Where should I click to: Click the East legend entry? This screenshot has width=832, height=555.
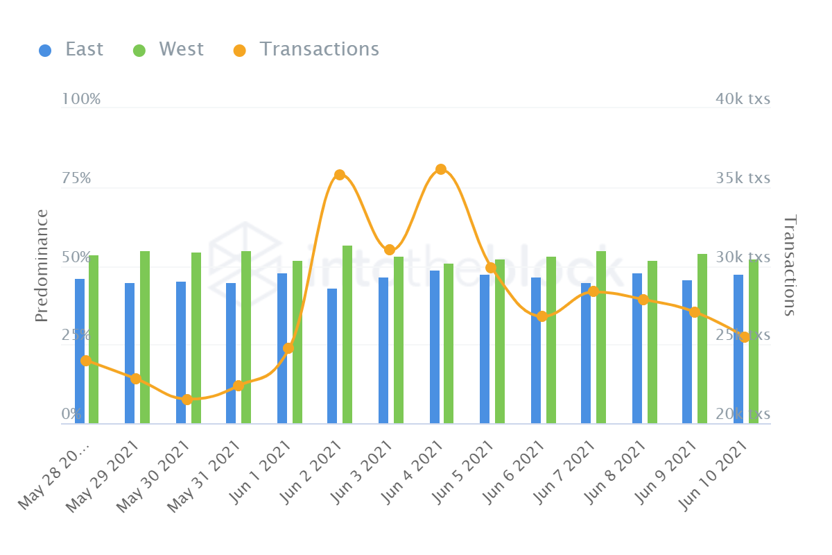pos(71,49)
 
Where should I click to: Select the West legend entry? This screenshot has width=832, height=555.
pos(168,49)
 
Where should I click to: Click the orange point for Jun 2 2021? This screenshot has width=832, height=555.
pos(339,175)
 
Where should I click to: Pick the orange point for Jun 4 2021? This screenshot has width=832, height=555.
pos(440,169)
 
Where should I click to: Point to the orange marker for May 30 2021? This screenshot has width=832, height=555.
pos(187,400)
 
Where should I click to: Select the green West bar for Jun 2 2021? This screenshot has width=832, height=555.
pos(347,334)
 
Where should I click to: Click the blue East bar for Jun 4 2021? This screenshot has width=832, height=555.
pos(435,347)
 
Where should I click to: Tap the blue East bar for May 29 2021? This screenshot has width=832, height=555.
pos(130,353)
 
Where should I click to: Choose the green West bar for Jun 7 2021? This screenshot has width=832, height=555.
pos(601,337)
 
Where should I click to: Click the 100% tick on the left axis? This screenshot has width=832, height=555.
pos(81,99)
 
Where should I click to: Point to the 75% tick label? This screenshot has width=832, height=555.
pos(76,178)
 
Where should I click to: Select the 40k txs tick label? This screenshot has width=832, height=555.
pos(743,99)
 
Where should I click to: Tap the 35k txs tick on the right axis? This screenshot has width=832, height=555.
pos(743,178)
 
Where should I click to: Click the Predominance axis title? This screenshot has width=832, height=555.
pos(42,265)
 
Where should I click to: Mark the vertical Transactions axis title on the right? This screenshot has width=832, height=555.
pos(790,265)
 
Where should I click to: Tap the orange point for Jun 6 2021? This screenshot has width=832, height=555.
pos(542,316)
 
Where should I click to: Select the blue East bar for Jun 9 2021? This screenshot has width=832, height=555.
pos(687,352)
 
